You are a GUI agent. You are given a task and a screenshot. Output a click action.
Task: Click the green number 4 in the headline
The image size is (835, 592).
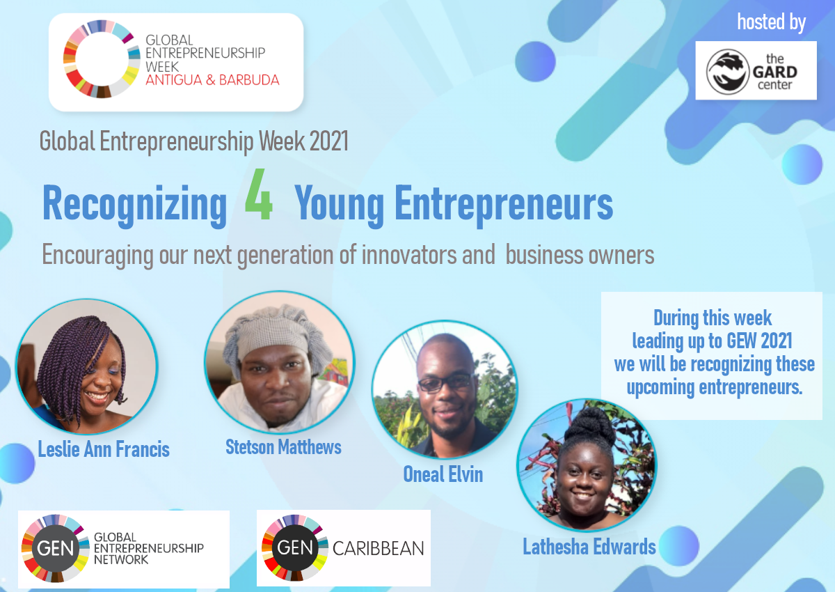point(259,202)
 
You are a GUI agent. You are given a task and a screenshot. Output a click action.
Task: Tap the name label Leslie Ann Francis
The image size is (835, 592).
point(104,449)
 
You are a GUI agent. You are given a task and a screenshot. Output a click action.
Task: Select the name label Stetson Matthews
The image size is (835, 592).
point(283,446)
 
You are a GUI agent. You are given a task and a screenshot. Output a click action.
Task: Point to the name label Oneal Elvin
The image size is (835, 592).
point(443,474)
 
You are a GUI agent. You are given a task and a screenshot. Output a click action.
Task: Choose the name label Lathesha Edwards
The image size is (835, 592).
point(589,547)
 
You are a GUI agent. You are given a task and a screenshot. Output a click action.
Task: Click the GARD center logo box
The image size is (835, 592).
point(756,70)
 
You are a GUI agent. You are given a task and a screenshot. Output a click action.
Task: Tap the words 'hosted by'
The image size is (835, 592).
point(771,22)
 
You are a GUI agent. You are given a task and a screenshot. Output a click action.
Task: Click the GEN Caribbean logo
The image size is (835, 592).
point(344,548)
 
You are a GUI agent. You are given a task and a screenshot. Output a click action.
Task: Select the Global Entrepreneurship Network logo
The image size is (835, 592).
point(123,549)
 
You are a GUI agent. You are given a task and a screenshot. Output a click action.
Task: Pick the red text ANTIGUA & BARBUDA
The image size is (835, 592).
point(212,79)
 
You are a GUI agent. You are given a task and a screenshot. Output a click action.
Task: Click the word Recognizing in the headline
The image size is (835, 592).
point(135,204)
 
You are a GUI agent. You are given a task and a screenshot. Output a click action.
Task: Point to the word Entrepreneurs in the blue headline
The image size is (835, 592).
point(504,204)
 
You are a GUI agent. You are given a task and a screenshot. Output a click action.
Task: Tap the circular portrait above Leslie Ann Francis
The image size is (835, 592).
point(86,367)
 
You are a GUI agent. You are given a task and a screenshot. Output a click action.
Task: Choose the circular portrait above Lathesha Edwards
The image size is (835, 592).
point(587,465)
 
